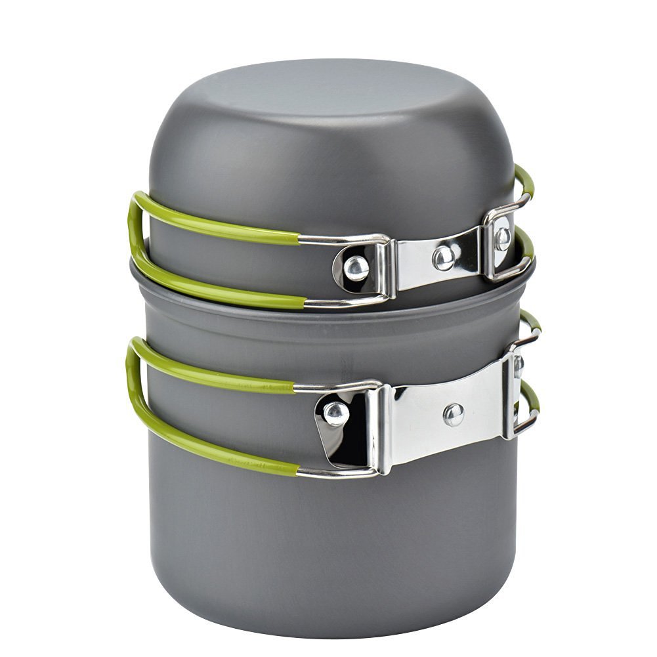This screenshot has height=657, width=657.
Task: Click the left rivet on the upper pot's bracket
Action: point(356,267)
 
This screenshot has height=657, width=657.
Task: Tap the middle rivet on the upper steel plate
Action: point(444,258)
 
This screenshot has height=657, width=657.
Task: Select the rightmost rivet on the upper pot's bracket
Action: point(502,237)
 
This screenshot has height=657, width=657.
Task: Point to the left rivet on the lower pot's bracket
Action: point(336,413)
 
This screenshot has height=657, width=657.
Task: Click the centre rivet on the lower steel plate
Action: point(453,413)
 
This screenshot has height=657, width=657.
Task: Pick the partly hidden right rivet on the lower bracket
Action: point(519,365)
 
